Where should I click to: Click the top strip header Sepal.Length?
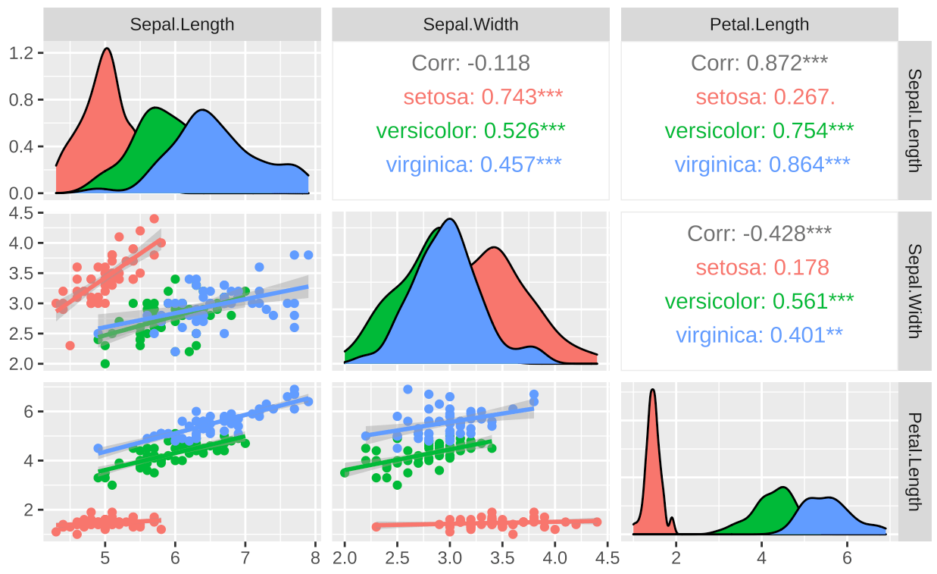coord(182,24)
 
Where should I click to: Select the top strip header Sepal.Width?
coord(470,24)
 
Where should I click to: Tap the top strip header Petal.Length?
coord(759,24)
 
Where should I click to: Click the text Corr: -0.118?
coord(470,63)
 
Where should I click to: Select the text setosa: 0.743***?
coord(483,96)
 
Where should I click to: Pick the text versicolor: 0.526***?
coord(470,130)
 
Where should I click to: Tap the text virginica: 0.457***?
coord(474,164)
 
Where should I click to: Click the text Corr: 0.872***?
coord(759,63)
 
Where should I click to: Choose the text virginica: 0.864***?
coord(763,164)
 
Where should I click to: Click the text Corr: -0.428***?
coord(759,234)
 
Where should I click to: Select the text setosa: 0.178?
coord(763,268)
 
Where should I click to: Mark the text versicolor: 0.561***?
coord(759,301)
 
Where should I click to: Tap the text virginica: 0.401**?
coord(759,334)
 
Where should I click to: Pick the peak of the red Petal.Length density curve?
coord(652,390)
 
